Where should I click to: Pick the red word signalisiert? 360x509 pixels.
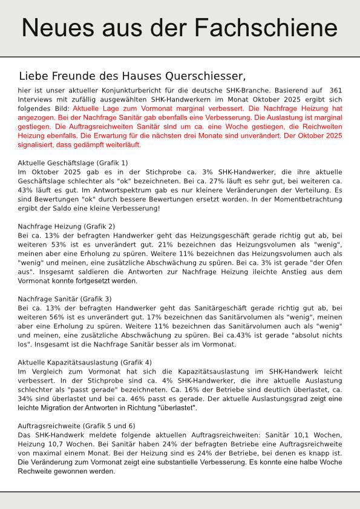tap(39, 145)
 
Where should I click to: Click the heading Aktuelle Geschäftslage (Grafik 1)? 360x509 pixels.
tap(73, 163)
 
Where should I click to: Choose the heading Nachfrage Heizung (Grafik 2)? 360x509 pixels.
tap(67, 226)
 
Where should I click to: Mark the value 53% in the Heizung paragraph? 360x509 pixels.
tap(61, 244)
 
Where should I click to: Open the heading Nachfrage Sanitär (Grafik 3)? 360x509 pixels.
tap(65, 299)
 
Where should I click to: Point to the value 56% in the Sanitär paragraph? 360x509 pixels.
tap(61, 317)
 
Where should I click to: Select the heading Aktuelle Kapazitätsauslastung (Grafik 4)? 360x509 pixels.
tap(85, 362)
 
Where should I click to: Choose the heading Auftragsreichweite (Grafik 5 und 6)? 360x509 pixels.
tap(76, 426)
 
